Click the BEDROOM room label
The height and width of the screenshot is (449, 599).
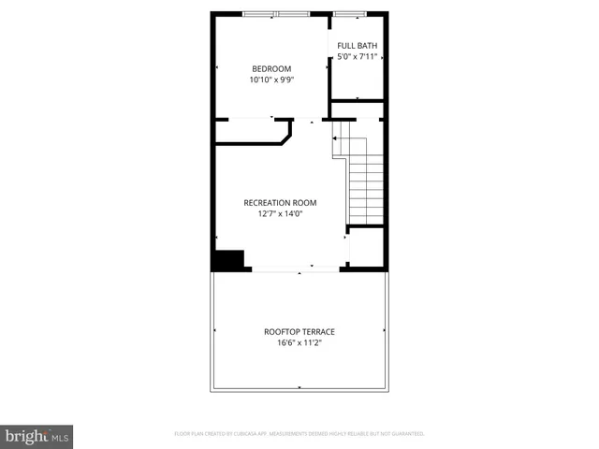270,68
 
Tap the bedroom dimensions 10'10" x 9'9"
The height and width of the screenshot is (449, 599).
270,80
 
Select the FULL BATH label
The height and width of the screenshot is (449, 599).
357,45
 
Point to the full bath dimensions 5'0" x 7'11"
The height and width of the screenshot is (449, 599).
357,57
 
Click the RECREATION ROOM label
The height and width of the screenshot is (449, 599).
280,202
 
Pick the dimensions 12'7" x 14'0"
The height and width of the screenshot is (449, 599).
280,214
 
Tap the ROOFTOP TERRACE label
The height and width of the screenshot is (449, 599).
299,331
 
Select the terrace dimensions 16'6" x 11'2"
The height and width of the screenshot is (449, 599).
299,343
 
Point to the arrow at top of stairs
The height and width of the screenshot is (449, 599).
335,138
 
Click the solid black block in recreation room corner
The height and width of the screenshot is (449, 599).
227,259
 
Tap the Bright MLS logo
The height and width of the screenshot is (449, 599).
37,436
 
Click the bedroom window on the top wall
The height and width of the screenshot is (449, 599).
275,13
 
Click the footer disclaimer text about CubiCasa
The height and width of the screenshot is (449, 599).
299,434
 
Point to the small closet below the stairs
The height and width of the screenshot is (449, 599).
365,248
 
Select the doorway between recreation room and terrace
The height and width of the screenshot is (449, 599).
295,271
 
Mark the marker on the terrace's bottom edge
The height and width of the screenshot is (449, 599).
299,387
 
